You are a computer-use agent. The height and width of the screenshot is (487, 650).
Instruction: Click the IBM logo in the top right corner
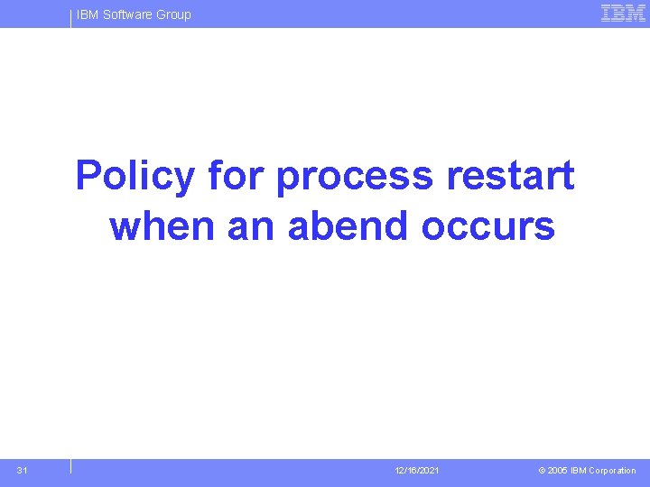coord(623,14)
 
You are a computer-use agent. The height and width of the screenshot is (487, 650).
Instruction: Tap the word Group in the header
coord(173,14)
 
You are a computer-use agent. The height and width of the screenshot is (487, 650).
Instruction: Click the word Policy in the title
coord(135,176)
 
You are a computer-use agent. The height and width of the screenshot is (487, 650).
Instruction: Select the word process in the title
coord(355,176)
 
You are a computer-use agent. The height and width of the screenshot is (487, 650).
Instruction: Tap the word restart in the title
coord(510,176)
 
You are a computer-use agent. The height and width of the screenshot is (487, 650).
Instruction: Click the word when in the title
coord(162,225)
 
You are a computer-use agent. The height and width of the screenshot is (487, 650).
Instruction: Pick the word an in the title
coord(250,225)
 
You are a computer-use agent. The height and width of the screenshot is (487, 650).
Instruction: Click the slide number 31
coord(22,471)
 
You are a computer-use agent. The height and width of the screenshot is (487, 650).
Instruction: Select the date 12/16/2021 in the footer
coord(417,471)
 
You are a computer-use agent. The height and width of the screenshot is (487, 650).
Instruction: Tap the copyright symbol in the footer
coord(542,471)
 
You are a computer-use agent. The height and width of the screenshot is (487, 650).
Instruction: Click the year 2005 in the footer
coord(558,471)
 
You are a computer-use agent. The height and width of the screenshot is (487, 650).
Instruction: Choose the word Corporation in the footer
coord(614,471)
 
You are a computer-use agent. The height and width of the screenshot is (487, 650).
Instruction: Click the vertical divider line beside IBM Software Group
coord(70,17)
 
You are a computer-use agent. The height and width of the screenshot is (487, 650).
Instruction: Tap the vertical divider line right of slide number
coord(70,466)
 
